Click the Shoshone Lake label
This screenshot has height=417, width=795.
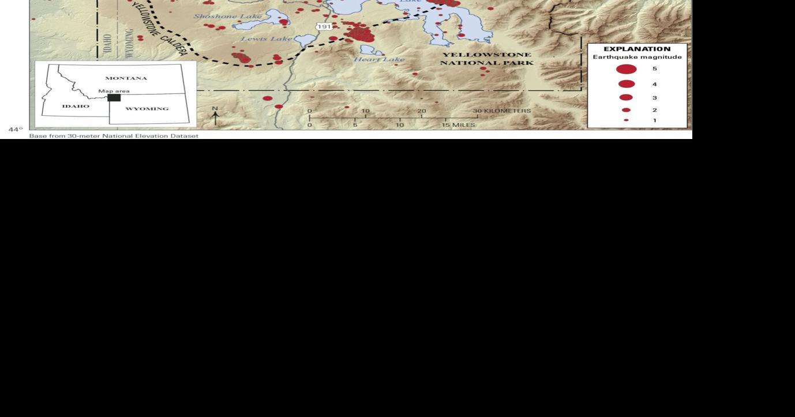tap(227, 16)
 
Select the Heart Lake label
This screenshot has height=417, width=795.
tap(379, 59)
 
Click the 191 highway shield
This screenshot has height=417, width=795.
tap(324, 27)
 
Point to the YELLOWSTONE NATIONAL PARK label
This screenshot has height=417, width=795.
tap(486, 59)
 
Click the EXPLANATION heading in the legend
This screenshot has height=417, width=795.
tap(637, 49)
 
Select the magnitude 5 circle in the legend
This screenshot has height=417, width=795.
tap(626, 69)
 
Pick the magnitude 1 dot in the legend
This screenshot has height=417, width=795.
tap(626, 121)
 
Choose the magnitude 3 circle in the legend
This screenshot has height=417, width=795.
tap(626, 97)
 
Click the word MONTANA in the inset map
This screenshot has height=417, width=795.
tap(126, 78)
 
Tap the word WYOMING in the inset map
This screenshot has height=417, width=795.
tap(147, 108)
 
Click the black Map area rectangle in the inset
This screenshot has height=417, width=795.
tap(114, 97)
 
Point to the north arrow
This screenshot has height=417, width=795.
tap(215, 117)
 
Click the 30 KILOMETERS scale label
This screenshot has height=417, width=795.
tap(502, 111)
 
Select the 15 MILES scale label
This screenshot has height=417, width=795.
tap(459, 125)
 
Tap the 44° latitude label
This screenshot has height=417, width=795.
tap(16, 130)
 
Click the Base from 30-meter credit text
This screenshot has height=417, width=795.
tap(114, 136)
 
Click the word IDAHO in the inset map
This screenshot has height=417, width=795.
tap(76, 106)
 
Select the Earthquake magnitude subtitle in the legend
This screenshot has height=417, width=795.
tap(637, 57)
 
